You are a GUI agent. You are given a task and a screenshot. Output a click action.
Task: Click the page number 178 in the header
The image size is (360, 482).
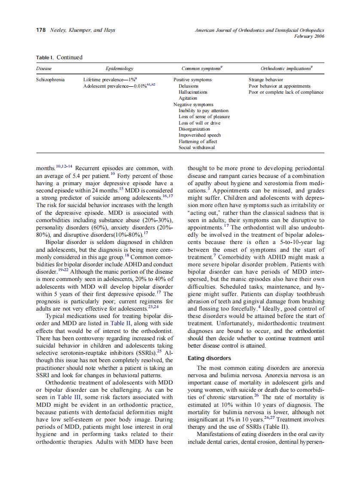41,30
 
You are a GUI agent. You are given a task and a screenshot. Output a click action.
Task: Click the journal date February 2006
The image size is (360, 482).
309,36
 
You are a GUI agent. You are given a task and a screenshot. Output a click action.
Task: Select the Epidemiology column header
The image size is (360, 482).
119,68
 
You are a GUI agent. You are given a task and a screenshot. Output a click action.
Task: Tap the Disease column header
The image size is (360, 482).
44,68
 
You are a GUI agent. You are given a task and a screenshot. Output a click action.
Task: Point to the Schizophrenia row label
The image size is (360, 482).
50,80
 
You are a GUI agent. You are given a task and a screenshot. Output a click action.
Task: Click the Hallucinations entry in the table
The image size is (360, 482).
193,92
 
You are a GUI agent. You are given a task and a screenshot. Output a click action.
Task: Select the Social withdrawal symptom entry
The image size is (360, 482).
197,147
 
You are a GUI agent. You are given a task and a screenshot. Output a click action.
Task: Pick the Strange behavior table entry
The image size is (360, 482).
265,80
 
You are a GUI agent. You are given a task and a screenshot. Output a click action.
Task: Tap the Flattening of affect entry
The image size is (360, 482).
198,141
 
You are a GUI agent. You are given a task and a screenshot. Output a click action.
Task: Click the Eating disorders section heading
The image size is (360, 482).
209,358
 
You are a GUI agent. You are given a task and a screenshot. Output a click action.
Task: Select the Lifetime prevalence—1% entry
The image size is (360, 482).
110,80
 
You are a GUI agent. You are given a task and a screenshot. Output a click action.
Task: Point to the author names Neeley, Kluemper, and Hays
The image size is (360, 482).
82,30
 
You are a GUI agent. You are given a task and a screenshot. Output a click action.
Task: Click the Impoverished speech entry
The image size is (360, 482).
199,135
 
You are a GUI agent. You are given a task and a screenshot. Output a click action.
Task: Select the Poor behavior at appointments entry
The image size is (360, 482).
279,86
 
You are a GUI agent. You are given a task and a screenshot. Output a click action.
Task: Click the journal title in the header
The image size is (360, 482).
259,30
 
